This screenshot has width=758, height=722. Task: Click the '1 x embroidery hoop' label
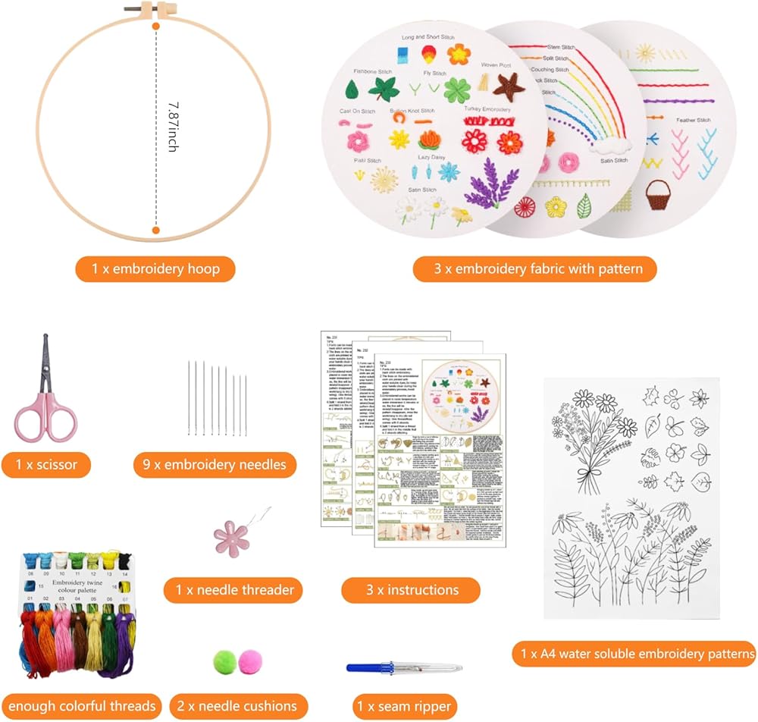point(155,268)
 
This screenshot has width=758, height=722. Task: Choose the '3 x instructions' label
point(410,589)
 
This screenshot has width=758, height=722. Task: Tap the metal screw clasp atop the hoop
point(158,11)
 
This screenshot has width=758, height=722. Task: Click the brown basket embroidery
point(656,197)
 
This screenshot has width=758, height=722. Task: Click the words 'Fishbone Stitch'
point(373,71)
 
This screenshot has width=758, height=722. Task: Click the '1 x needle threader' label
point(228,589)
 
